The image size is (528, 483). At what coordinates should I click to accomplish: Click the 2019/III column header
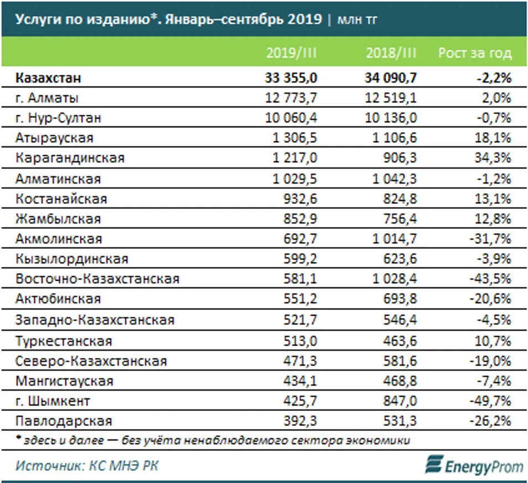[x=292, y=53]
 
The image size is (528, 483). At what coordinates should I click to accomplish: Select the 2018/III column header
[x=391, y=53]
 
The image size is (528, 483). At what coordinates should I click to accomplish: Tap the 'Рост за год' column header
[x=475, y=53]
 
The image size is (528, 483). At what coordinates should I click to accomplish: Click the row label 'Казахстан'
[x=49, y=78]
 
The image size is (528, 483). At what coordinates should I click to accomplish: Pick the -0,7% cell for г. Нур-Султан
[x=493, y=118]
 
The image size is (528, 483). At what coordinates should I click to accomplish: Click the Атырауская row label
[x=55, y=138]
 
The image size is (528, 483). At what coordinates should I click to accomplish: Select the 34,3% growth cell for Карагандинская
[x=493, y=158]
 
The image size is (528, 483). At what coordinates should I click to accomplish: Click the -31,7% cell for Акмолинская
[x=491, y=239]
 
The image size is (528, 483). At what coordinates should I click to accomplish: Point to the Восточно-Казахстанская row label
[x=98, y=279]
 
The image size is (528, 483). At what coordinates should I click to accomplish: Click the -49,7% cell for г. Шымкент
[x=491, y=400]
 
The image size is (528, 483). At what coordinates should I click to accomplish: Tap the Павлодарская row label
[x=64, y=421]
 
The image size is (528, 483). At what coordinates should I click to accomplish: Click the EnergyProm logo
[x=474, y=465]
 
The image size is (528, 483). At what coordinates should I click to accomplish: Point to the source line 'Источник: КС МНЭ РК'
[x=87, y=465]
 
